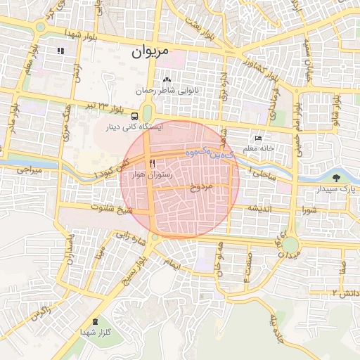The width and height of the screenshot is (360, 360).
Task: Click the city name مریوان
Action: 150,52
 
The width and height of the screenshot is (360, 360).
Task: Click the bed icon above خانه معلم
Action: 258,139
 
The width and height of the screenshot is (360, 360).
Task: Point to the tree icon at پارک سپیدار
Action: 335,178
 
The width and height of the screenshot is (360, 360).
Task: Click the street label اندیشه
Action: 259,208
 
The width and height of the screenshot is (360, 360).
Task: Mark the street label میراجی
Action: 30,171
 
